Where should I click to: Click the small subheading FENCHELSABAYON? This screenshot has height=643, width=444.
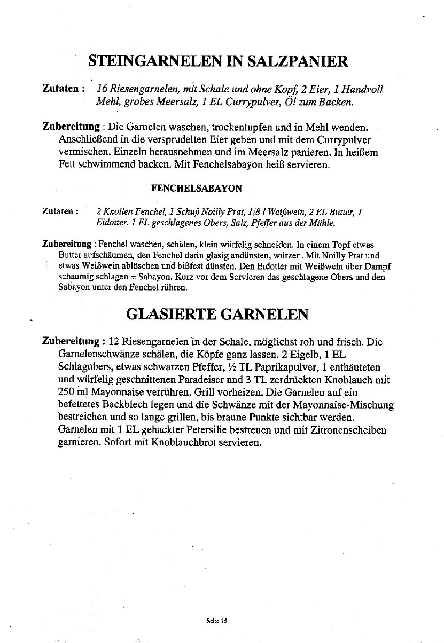tap(197, 188)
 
